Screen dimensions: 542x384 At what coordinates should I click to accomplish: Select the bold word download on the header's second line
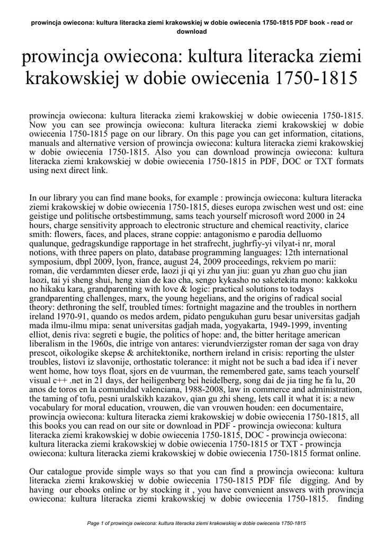[x=191, y=31]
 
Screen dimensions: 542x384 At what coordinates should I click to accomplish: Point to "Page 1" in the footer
[x=96, y=523]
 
